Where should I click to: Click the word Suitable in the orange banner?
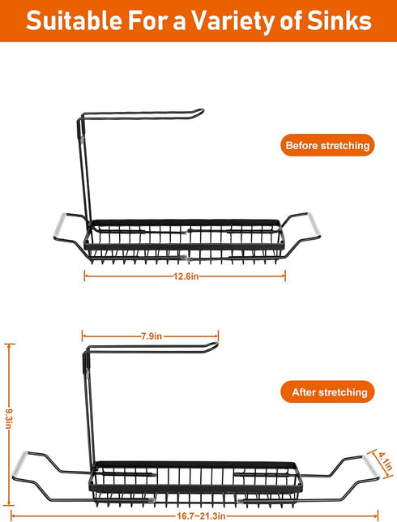click(x=75, y=21)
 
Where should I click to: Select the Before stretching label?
click(x=327, y=145)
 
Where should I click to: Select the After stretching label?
click(x=328, y=391)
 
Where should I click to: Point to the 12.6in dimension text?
click(x=186, y=276)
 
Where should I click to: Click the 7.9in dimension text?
click(x=152, y=336)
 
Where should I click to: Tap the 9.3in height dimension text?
click(x=9, y=418)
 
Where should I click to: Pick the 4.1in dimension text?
click(x=385, y=461)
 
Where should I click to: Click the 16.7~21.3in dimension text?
click(x=201, y=516)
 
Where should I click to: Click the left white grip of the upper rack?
click(x=58, y=225)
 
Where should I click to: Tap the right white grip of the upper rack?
click(x=314, y=225)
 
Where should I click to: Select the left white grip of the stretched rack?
click(x=19, y=464)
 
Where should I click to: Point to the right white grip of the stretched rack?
click(x=371, y=468)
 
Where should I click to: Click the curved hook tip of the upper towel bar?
click(x=201, y=111)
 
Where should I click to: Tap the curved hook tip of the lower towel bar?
click(x=215, y=344)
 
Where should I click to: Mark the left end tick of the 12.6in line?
click(x=84, y=276)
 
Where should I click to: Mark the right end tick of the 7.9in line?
click(x=218, y=336)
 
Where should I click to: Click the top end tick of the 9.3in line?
click(x=10, y=344)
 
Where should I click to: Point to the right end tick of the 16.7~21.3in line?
click(x=378, y=516)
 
